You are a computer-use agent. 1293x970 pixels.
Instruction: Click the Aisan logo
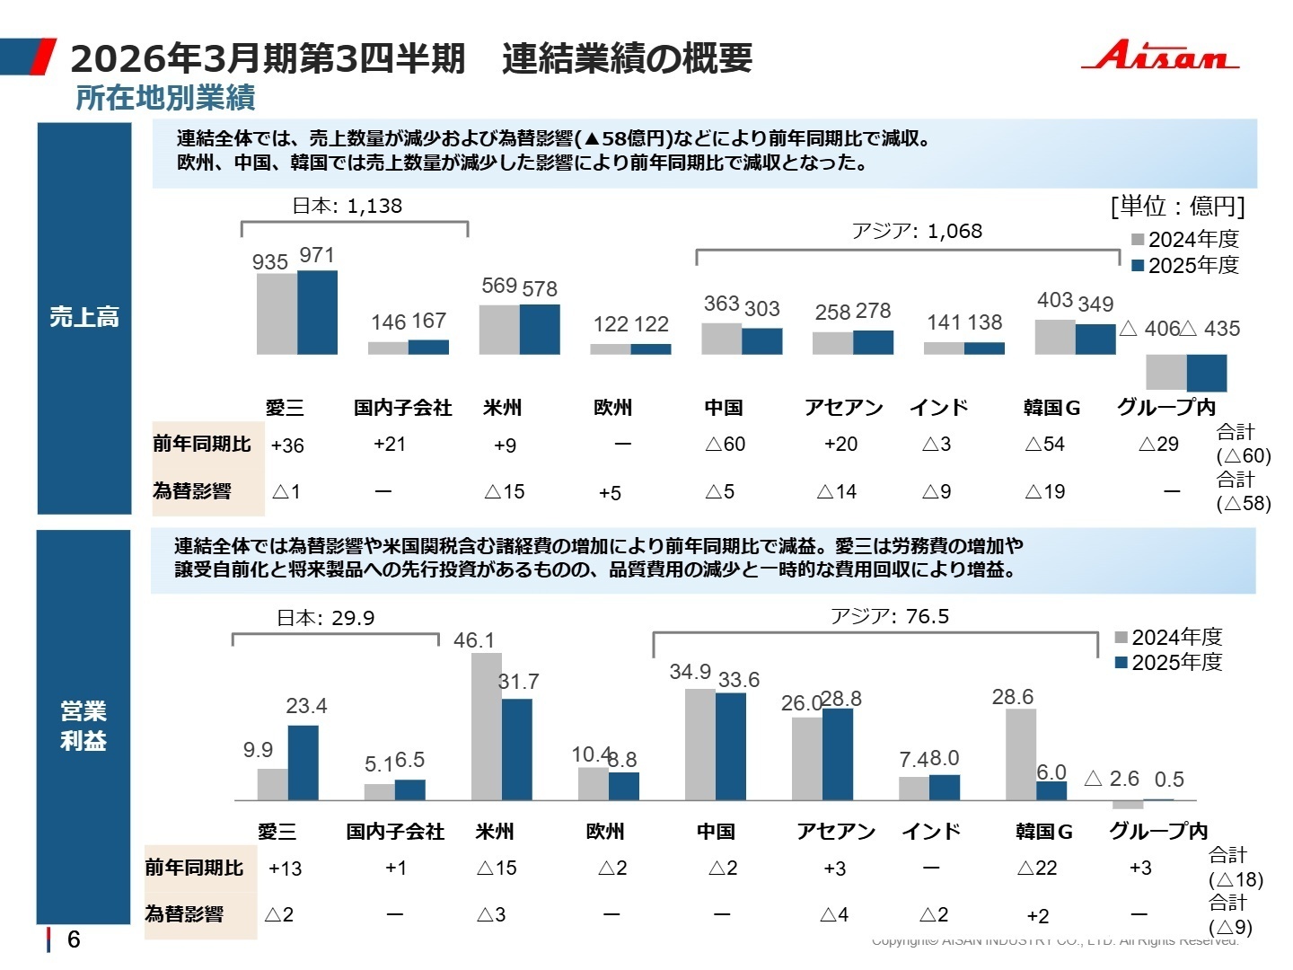[x=1159, y=56]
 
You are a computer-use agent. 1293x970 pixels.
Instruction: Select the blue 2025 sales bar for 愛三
[x=317, y=313]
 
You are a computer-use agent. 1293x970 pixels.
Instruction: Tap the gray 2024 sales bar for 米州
[x=499, y=330]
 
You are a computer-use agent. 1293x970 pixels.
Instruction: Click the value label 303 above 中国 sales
[x=761, y=309]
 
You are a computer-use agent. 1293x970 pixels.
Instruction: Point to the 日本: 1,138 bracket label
[x=347, y=206]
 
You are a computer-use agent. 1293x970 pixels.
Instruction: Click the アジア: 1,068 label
[x=917, y=232]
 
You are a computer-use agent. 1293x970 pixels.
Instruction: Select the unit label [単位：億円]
[x=1177, y=207]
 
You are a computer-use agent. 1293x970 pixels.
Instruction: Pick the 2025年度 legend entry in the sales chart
[x=1185, y=265]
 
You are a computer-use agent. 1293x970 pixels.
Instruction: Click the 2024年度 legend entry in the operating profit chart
[x=1168, y=637]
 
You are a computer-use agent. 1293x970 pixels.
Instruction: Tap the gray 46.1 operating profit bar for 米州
[x=487, y=726]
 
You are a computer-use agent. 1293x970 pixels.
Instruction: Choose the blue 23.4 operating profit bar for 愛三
[x=303, y=763]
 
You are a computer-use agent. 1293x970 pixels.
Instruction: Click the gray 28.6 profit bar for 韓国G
[x=1021, y=754]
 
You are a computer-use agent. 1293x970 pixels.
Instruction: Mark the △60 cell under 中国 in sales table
[x=725, y=445]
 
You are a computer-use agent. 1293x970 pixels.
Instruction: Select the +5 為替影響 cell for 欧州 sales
[x=610, y=493]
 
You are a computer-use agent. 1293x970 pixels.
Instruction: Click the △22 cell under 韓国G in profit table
[x=1037, y=869]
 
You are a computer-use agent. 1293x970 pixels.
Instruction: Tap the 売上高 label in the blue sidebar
[x=84, y=317]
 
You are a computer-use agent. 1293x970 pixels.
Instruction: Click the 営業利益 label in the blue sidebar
[x=84, y=726]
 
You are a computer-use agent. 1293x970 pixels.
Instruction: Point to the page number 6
[x=74, y=939]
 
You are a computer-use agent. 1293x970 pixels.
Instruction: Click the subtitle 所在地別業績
[x=165, y=98]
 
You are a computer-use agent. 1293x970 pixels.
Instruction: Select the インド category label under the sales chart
[x=938, y=408]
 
